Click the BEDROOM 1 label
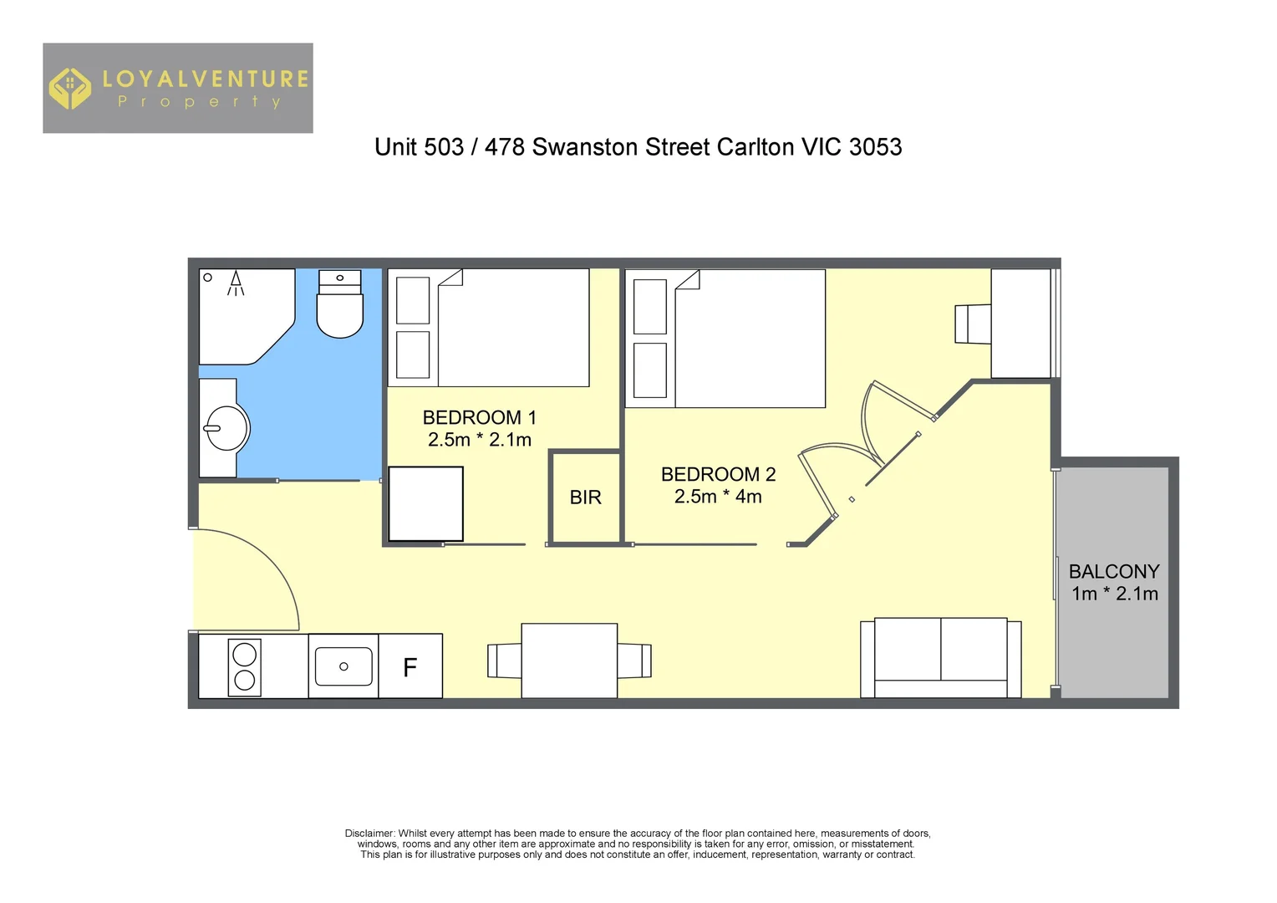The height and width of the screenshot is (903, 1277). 479,417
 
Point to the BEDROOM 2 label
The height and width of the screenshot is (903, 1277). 718,474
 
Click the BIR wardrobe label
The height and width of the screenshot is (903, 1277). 585,497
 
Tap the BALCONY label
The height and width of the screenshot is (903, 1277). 1114,572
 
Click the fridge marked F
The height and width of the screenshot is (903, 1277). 410,666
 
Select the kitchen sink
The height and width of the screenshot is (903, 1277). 343,666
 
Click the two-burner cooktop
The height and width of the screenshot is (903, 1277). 244,667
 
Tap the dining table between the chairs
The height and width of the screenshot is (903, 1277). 569,661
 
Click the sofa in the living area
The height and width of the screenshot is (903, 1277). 940,657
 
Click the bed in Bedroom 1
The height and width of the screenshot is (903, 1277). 510,328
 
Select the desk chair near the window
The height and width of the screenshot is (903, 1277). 971,324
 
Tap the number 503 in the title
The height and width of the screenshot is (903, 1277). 443,147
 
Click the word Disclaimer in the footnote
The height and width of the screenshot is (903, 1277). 369,834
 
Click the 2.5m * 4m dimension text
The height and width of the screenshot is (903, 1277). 718,497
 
